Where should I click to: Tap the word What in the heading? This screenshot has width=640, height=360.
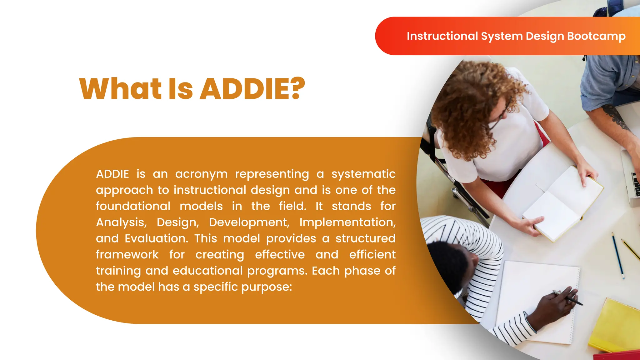click(x=121, y=89)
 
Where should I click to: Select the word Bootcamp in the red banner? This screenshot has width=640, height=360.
click(x=596, y=36)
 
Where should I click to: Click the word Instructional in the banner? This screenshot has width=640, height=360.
click(x=442, y=36)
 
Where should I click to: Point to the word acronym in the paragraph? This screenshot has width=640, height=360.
click(x=201, y=174)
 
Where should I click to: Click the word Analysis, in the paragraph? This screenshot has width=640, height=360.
click(x=121, y=222)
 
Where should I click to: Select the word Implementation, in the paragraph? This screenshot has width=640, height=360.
click(x=347, y=222)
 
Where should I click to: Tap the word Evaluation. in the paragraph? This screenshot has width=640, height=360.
click(x=157, y=239)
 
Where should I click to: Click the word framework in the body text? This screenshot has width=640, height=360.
click(x=127, y=255)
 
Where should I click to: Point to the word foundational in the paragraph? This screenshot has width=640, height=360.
click(x=133, y=206)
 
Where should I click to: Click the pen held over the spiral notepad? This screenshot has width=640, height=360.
click(x=569, y=297)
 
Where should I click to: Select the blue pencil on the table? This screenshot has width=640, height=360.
click(x=618, y=255)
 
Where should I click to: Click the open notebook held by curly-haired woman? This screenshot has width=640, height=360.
click(x=562, y=203)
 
